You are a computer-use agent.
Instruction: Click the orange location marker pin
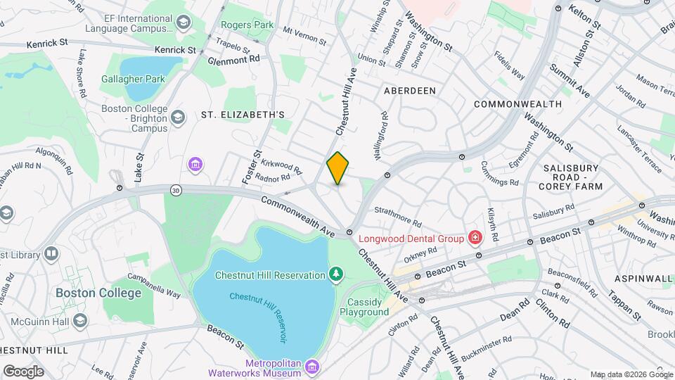(x=337, y=168)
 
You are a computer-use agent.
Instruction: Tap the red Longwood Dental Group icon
(x=476, y=238)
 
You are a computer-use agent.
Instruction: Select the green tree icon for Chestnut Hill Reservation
(x=337, y=274)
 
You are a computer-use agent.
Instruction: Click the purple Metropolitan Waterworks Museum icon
(x=313, y=367)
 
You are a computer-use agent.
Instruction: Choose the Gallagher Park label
(x=134, y=78)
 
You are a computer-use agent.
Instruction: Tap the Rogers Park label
(x=246, y=25)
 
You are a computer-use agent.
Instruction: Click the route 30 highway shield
(x=176, y=190)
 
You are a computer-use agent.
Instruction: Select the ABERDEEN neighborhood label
(x=409, y=91)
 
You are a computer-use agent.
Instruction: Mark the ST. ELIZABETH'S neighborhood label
(x=243, y=114)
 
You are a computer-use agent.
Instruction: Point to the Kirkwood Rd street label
(x=280, y=166)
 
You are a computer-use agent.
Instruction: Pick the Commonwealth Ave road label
(x=297, y=215)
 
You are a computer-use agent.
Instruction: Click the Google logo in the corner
(x=23, y=371)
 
